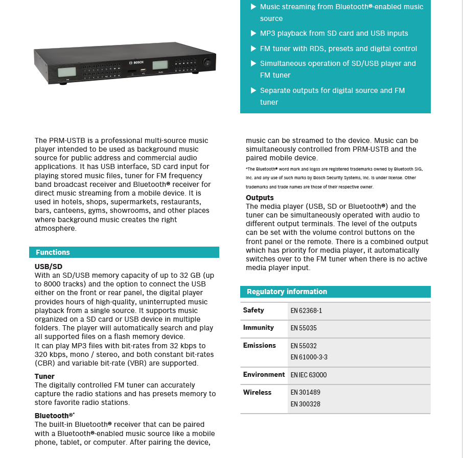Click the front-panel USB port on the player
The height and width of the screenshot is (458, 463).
coord(143,69)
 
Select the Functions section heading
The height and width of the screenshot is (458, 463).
coord(53,252)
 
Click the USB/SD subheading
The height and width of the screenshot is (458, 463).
coord(49,267)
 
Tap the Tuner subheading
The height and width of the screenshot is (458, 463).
coord(44,376)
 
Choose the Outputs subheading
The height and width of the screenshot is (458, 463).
coord(260,198)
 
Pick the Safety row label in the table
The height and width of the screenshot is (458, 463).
coord(253,310)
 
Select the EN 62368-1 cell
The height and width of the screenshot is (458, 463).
coord(306,310)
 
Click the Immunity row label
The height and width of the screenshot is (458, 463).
coord(258,327)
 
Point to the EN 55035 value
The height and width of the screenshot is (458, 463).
coord(304,328)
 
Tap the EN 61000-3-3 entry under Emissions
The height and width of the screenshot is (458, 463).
coord(309,357)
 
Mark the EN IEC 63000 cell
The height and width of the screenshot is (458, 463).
coord(308,375)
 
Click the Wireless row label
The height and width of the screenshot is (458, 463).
coord(257,392)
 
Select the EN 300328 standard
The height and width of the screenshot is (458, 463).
coord(305,404)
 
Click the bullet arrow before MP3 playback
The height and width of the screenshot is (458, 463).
coord(253,33)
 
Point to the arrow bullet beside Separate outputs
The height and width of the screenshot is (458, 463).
coord(253,90)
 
